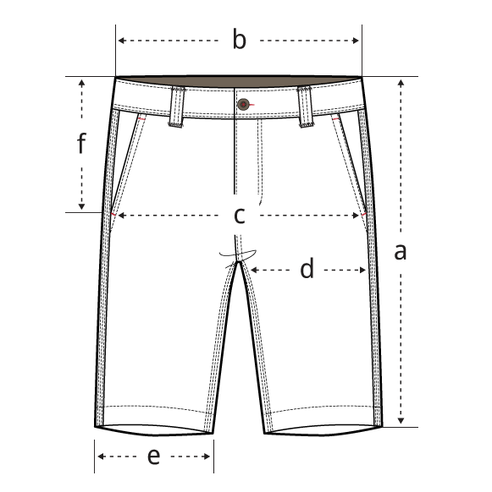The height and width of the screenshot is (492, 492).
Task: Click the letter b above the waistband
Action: [240, 39]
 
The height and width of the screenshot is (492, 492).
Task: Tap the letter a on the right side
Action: [401, 252]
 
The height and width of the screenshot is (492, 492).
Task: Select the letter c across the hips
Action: [240, 216]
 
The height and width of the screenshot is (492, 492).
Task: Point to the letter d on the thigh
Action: [307, 268]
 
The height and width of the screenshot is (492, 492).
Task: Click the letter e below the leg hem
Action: [154, 456]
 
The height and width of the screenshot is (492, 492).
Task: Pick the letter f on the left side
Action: [81, 143]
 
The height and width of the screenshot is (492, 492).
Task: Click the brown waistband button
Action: [243, 104]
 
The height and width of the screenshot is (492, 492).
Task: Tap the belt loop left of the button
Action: [177, 107]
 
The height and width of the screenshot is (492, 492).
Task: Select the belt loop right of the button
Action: [305, 107]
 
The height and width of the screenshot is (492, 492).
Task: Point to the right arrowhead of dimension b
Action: [356, 41]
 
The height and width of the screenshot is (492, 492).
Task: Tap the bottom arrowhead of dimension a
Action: [401, 421]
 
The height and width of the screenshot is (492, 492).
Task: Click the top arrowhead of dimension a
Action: [401, 83]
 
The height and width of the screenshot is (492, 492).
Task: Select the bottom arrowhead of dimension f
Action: [82, 206]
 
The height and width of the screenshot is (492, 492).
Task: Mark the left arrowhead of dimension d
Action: [254, 270]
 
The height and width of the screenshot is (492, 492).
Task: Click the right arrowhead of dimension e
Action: [207, 456]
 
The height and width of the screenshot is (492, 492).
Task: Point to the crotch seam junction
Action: [239, 261]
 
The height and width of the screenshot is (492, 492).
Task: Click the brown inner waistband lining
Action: [239, 81]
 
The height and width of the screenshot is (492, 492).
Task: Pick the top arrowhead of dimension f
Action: [82, 83]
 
